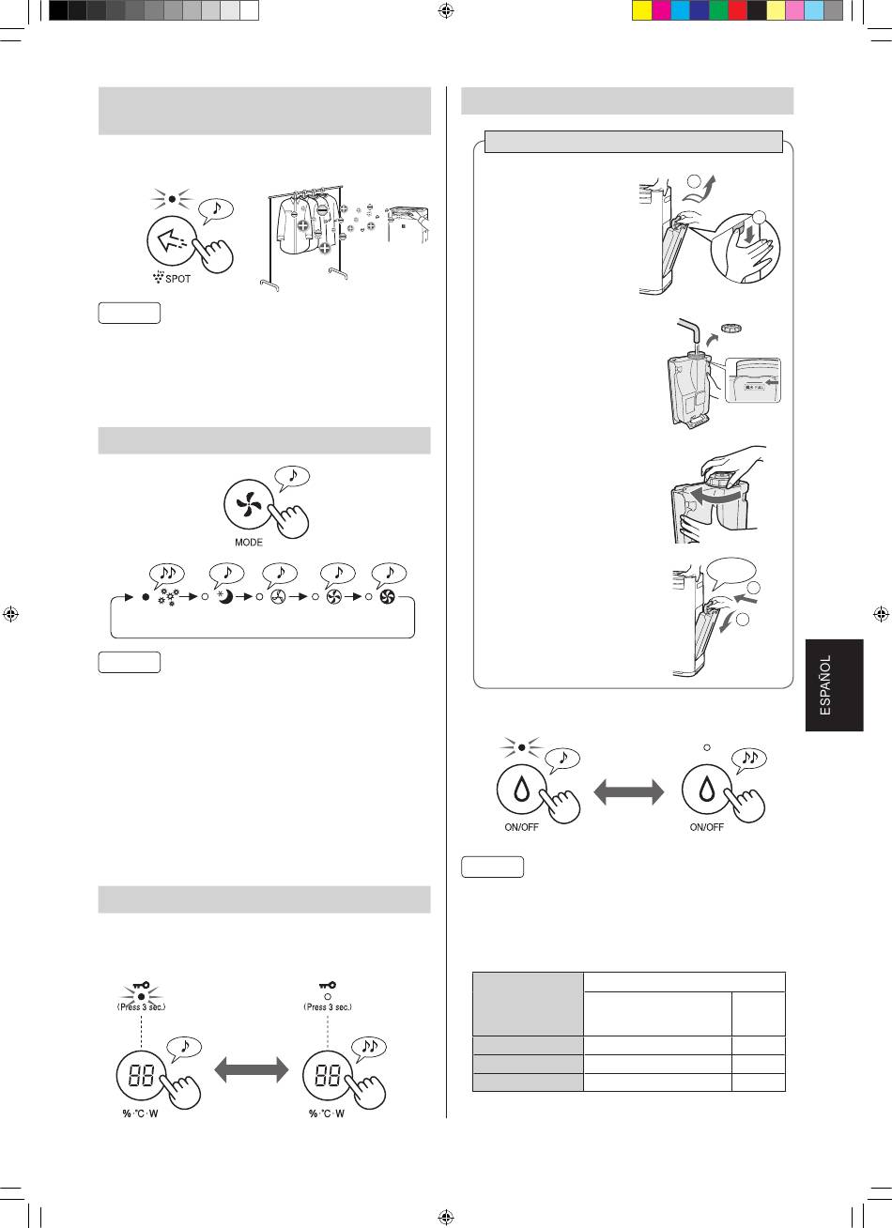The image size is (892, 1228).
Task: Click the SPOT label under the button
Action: (x=177, y=279)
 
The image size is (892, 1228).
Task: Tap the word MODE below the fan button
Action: (x=249, y=543)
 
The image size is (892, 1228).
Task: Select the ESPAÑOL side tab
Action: (x=834, y=684)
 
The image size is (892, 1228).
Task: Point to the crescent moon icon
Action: (x=225, y=596)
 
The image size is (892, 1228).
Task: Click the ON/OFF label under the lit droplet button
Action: (x=521, y=827)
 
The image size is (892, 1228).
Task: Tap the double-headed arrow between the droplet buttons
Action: (x=629, y=792)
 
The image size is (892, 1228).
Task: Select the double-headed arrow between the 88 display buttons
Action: (x=252, y=1069)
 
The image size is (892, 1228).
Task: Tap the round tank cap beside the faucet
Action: (x=731, y=329)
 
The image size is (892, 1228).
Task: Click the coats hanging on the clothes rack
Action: (x=307, y=223)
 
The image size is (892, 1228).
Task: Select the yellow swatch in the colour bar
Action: (x=642, y=10)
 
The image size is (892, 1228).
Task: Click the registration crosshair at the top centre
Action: (x=446, y=10)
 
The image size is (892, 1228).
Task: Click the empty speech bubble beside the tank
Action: (x=731, y=574)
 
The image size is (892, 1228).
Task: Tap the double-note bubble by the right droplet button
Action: (x=749, y=759)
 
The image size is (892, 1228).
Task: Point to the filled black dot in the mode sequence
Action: (x=146, y=597)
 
